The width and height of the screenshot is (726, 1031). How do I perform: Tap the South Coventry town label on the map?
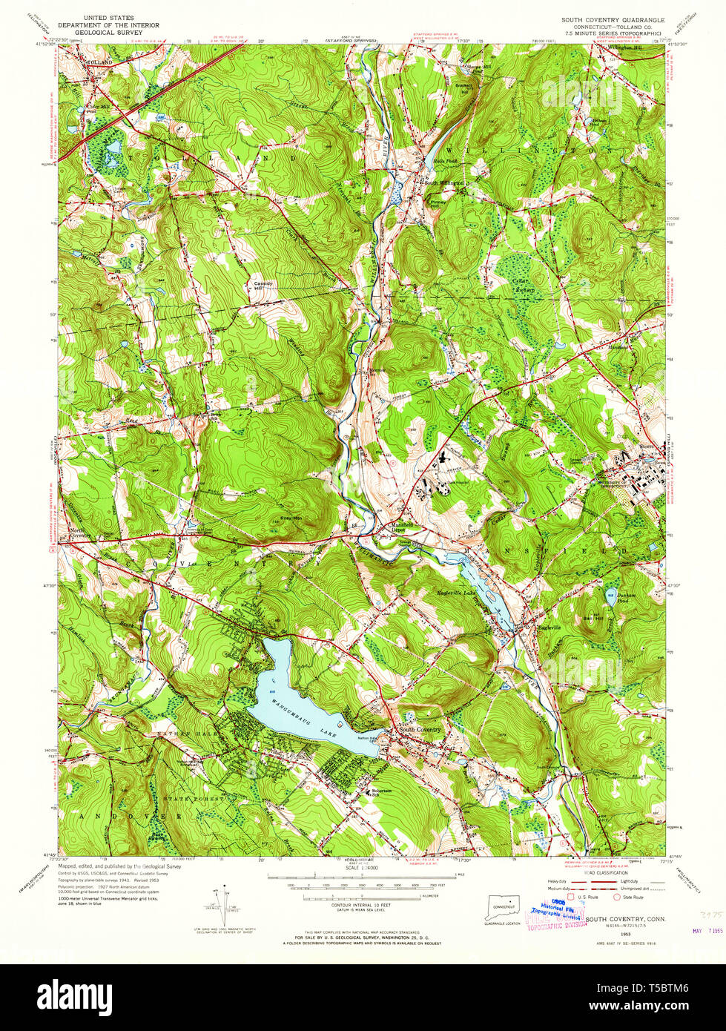click(420, 729)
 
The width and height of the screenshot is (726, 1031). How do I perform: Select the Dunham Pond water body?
click(611, 595)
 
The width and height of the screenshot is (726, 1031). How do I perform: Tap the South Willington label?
click(443, 182)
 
